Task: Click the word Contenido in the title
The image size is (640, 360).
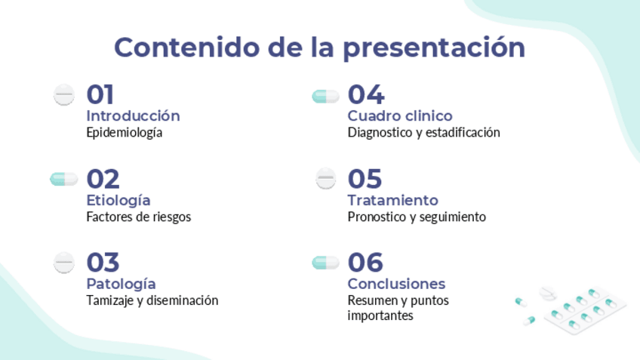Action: coord(187,48)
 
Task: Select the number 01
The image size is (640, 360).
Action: coord(100,94)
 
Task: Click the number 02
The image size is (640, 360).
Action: coord(103,179)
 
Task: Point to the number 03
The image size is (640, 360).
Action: coord(103,263)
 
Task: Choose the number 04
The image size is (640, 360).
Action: coord(366,94)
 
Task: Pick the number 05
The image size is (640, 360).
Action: coord(365,179)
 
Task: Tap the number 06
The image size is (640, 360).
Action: coord(365,263)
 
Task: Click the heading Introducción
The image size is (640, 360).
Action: coord(133,116)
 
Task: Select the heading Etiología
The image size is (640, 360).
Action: coord(118,201)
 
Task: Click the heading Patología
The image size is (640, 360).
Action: coord(122,284)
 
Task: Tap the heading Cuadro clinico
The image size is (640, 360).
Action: coord(400,116)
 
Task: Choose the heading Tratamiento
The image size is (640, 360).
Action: coord(393,201)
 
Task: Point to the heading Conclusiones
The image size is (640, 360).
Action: coord(396,284)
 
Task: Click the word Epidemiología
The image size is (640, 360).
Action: coord(124,133)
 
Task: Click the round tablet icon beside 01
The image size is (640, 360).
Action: coord(64,94)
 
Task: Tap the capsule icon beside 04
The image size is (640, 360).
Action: coord(326,97)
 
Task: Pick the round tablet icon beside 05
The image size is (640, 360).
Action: coord(326,178)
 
